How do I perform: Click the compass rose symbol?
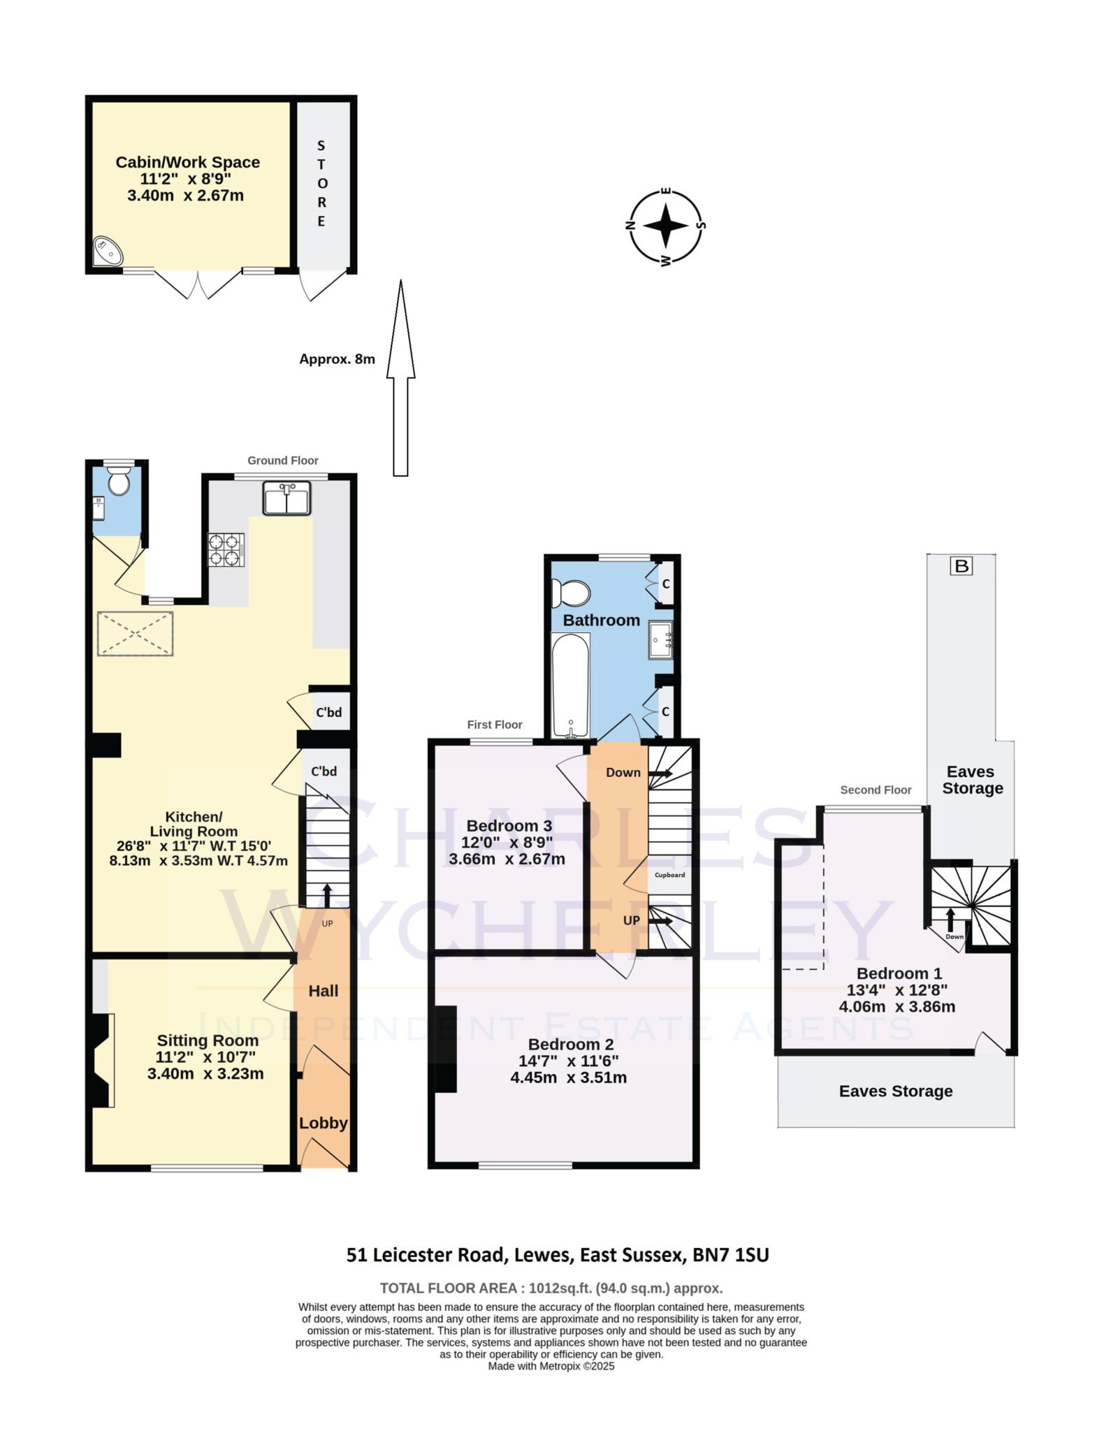(x=665, y=226)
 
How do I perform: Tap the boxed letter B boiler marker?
(x=961, y=566)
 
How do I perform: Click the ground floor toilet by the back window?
(x=119, y=481)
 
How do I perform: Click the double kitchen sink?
(x=286, y=499)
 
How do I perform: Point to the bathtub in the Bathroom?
(x=571, y=685)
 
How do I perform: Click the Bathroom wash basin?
(x=660, y=639)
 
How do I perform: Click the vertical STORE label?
(x=321, y=183)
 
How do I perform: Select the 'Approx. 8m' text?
(x=337, y=359)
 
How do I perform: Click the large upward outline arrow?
(x=400, y=377)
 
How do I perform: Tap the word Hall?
(x=324, y=991)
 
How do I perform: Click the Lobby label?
(x=324, y=1123)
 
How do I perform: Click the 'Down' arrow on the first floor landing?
(x=660, y=773)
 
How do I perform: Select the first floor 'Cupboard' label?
(x=669, y=875)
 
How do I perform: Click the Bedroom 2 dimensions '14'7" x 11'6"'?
(x=573, y=1061)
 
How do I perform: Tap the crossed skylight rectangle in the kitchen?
(x=135, y=634)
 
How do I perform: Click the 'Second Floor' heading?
(x=876, y=790)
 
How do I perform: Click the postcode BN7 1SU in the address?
(x=730, y=1255)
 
